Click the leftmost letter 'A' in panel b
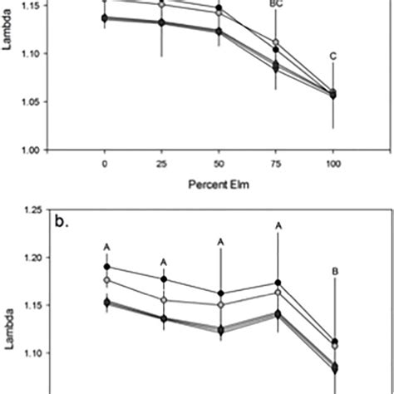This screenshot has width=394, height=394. point(106,247)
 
